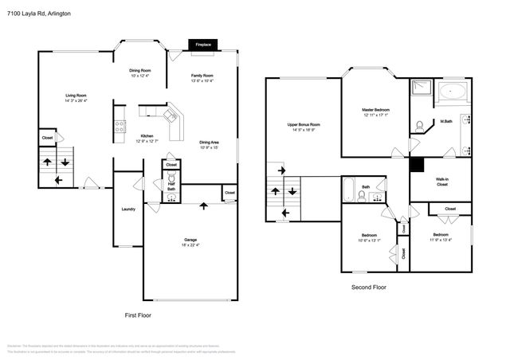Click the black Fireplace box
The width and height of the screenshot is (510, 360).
tap(203, 45)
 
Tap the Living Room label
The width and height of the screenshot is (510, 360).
tap(76, 95)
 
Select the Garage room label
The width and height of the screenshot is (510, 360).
tap(190, 239)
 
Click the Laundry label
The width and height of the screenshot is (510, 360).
tap(127, 209)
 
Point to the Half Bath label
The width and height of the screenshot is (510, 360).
tap(171, 184)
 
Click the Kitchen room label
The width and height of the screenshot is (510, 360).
tap(147, 135)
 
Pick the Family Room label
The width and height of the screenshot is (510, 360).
tap(203, 76)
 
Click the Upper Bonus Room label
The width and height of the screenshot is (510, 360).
tap(304, 124)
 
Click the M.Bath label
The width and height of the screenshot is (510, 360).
tap(447, 121)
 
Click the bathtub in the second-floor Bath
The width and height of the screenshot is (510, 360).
tap(348, 189)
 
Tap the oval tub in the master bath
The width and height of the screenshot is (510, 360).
tap(455, 92)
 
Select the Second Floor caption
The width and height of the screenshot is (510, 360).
tap(368, 287)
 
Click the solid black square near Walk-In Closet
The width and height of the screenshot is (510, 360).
tap(416, 165)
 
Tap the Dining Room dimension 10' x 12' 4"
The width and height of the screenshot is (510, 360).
tap(140, 76)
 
